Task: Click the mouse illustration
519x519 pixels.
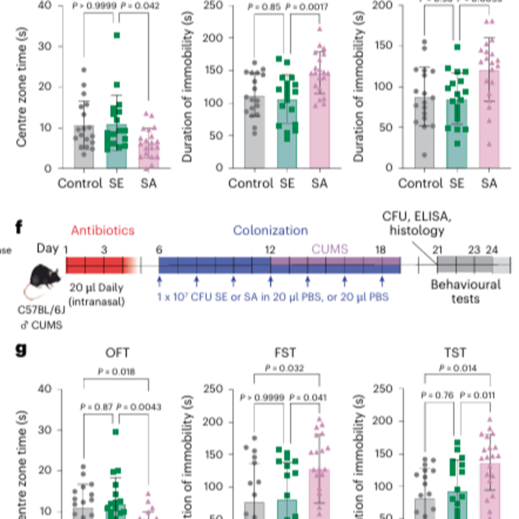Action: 44,279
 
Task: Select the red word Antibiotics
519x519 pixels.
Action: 103,230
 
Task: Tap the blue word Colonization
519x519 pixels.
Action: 270,230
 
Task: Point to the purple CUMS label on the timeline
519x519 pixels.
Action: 330,249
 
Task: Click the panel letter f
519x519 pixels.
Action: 19,227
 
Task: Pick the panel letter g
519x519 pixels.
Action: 21,350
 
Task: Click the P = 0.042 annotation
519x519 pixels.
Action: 140,6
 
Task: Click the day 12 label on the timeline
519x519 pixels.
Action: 270,250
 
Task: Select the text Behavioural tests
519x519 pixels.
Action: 466,292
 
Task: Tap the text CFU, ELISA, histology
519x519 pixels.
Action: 417,224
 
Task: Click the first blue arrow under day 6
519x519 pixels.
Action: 159,281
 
